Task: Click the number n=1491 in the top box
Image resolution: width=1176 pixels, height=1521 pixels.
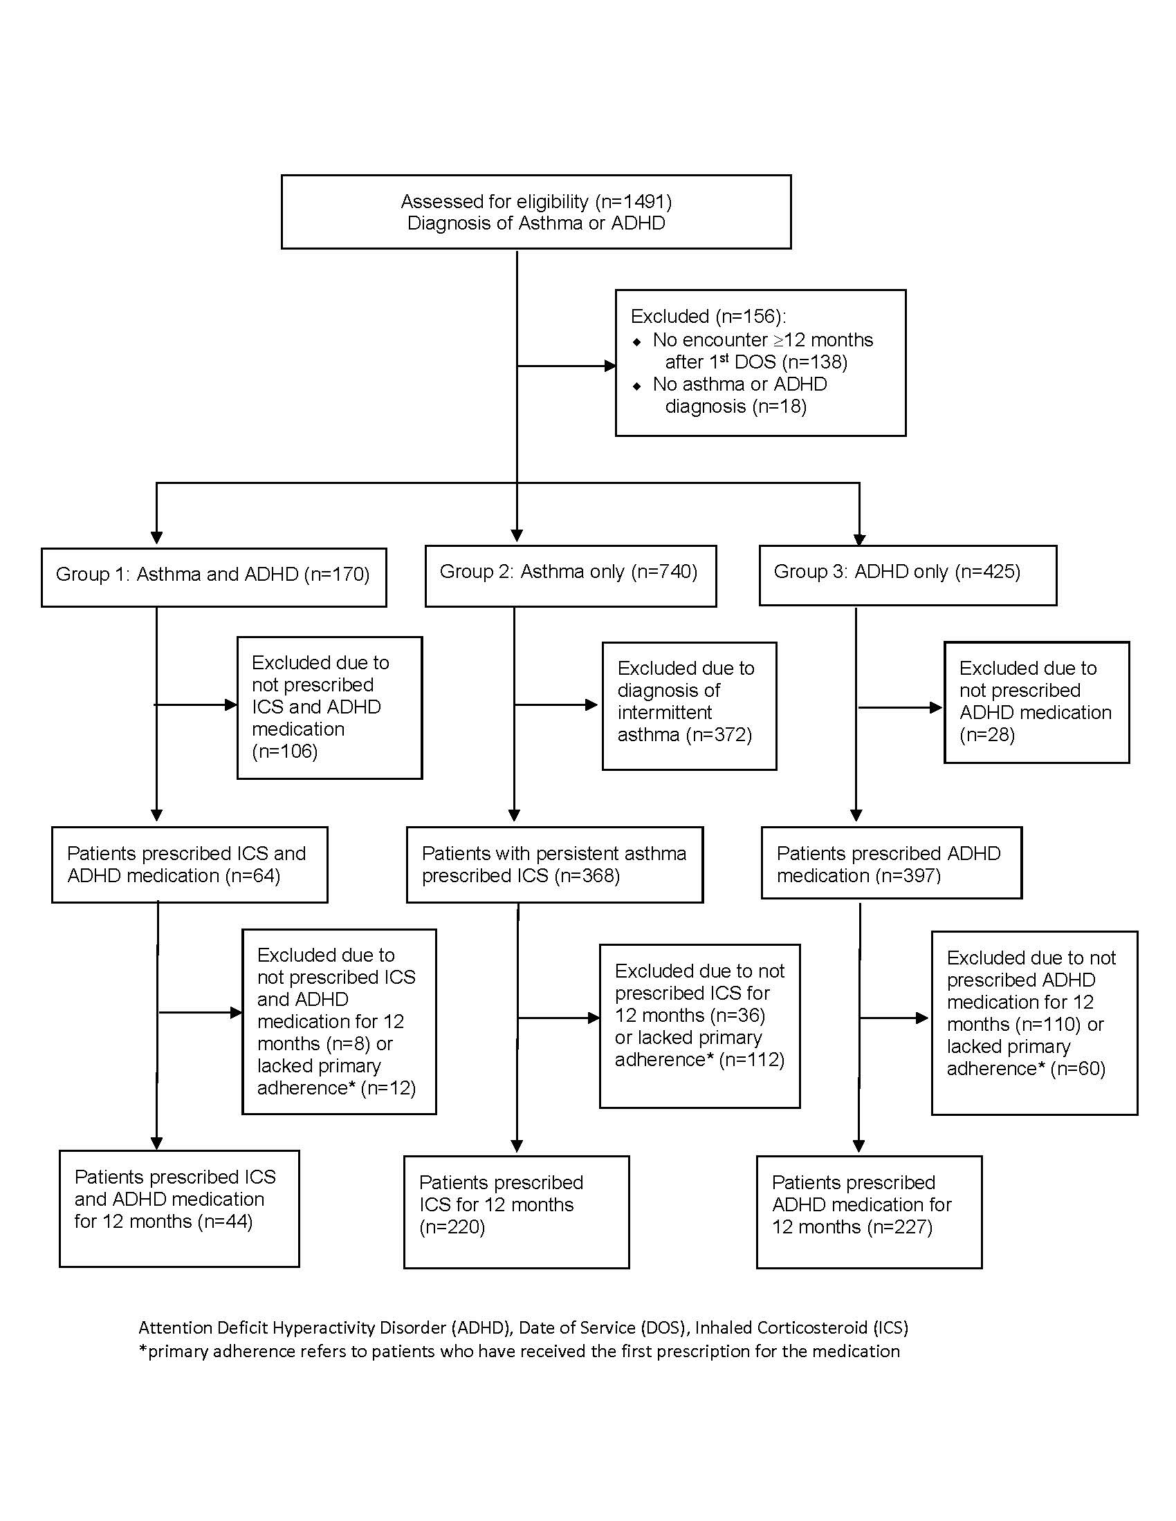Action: [633, 201]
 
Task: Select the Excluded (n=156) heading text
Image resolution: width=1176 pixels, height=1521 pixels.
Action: [708, 316]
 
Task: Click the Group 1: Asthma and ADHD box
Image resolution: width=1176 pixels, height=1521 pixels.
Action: [214, 577]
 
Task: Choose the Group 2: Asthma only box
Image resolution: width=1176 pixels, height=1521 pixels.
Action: [571, 575]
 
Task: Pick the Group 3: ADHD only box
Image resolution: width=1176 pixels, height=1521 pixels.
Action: [908, 575]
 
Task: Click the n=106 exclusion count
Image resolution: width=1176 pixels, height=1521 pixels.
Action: [285, 752]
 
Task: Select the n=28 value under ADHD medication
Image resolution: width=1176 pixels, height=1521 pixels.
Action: [987, 735]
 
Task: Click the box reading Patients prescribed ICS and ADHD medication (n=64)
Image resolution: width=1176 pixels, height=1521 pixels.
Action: [190, 865]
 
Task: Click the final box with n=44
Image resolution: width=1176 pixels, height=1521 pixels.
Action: [179, 1209]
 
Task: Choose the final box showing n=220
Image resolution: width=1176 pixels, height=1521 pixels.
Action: [516, 1213]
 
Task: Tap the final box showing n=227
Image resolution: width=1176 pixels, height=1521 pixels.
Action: [870, 1213]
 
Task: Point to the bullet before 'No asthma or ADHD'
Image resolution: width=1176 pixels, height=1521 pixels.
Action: [636, 386]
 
